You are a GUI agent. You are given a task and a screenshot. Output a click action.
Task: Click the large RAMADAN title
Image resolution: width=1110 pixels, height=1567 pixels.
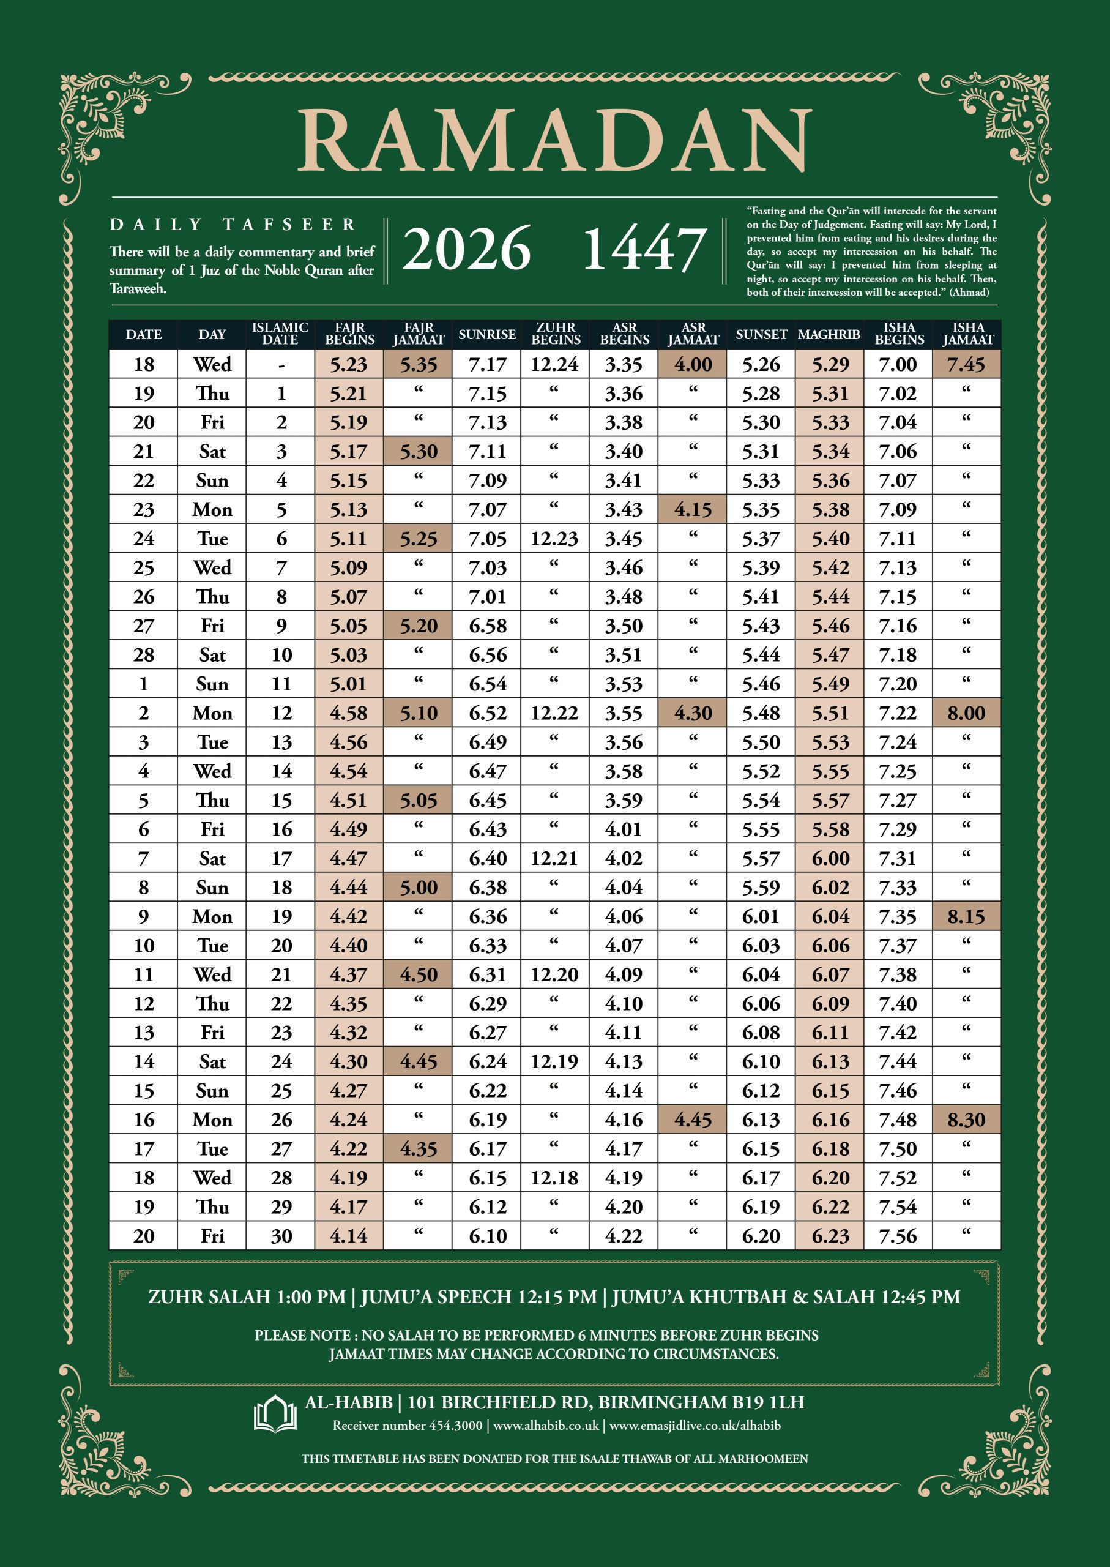pos(554,140)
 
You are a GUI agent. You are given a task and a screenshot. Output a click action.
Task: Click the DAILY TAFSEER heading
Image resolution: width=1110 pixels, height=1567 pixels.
pos(233,224)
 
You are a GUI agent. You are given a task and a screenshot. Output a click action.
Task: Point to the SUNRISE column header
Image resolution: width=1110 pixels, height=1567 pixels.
pos(486,334)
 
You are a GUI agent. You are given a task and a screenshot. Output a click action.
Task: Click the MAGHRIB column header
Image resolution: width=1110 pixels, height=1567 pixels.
pos(829,334)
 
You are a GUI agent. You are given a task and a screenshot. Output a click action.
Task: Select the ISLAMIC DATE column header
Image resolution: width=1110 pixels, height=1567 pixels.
pos(280,334)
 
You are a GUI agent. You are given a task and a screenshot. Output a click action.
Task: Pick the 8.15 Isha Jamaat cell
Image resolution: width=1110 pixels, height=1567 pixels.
pos(966,916)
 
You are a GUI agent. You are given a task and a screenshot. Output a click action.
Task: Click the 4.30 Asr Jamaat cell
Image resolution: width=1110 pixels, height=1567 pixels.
pos(693,713)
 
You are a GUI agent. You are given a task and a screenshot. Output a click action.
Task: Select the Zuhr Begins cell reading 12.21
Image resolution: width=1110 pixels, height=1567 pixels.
pos(554,858)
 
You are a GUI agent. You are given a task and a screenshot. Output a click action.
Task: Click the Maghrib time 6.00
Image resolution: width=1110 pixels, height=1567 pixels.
pos(830,858)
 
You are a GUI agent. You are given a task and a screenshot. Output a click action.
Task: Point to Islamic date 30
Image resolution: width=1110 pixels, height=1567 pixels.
pos(281,1236)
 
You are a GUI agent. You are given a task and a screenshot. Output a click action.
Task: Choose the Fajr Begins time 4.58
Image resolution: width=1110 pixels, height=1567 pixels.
pos(349,713)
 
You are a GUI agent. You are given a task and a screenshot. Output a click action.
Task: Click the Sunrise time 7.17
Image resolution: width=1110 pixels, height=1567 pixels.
pos(486,364)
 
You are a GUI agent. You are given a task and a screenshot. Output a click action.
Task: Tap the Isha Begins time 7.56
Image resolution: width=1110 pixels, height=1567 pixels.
pos(898,1236)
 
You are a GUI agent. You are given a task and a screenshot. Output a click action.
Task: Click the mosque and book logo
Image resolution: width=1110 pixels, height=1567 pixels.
pos(275,1413)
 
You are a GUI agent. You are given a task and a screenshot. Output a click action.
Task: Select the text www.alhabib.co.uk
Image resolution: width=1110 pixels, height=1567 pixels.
pos(545,1426)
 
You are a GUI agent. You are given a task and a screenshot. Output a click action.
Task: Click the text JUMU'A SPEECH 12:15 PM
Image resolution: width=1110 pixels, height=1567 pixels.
pos(479,1297)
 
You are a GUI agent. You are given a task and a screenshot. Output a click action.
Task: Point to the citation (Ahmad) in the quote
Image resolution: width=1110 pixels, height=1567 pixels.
pos(969,292)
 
